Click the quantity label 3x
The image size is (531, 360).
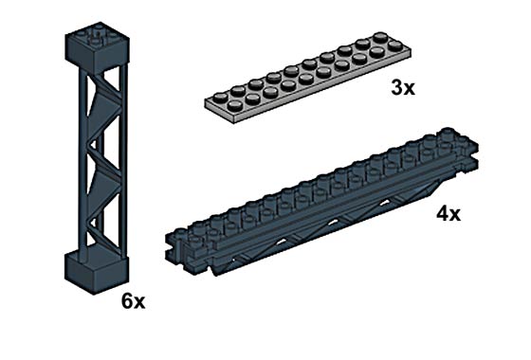(x=403, y=87)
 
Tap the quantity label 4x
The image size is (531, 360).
(x=449, y=214)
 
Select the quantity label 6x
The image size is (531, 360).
(x=133, y=301)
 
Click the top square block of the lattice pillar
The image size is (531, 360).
(x=97, y=46)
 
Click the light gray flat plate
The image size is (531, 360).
(x=308, y=78)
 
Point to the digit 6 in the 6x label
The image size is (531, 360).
(x=127, y=301)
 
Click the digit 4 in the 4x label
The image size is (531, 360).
(x=442, y=214)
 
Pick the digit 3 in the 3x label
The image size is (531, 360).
(x=397, y=87)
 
